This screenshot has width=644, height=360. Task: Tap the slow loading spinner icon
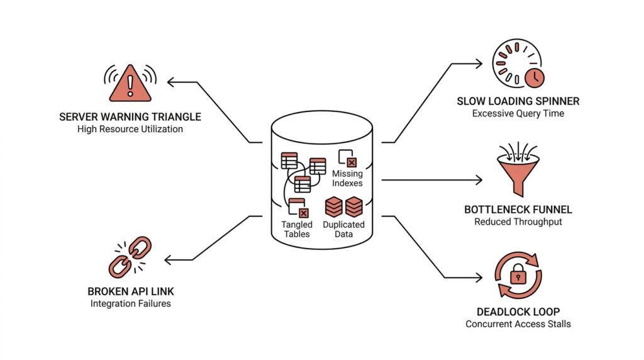(518, 65)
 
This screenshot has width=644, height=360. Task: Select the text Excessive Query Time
(518, 113)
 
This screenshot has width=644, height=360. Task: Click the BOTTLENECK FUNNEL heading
(518, 210)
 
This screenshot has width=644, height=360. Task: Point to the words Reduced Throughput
(518, 222)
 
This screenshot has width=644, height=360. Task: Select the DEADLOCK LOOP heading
(518, 312)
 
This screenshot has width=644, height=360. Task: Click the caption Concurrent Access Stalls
(518, 324)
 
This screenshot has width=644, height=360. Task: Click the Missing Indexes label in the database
(347, 178)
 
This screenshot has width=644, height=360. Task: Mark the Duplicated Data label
(343, 229)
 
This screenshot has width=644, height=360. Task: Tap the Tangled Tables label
(297, 229)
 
